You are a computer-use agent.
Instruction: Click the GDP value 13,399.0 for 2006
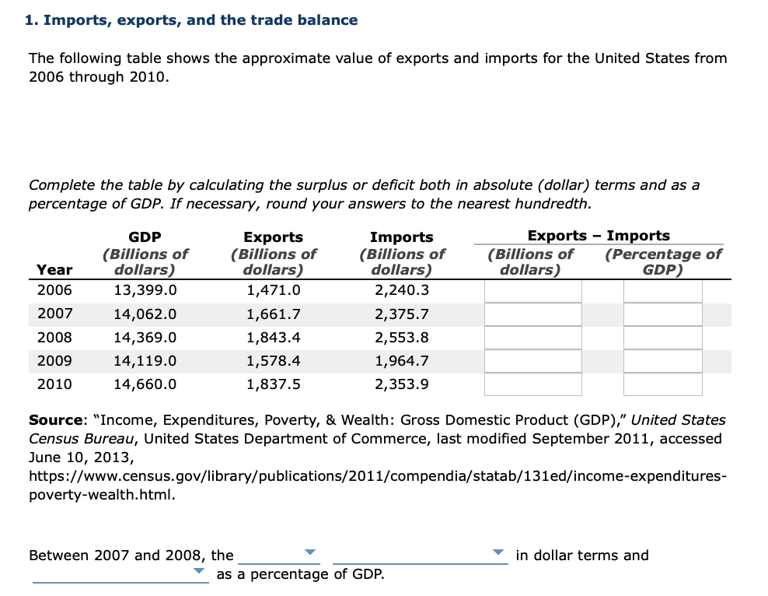pyautogui.click(x=145, y=290)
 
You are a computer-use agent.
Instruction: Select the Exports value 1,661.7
pyautogui.click(x=273, y=314)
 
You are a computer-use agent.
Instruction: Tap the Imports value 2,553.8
pyautogui.click(x=401, y=338)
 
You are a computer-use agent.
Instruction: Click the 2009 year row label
pyautogui.click(x=54, y=361)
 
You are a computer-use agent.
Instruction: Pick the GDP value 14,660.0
pyautogui.click(x=145, y=384)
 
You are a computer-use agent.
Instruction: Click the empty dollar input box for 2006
pyautogui.click(x=533, y=291)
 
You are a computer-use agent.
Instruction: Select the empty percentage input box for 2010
pyautogui.click(x=662, y=384)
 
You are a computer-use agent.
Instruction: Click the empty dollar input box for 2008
pyautogui.click(x=533, y=338)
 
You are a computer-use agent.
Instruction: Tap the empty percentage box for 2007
pyautogui.click(x=662, y=314)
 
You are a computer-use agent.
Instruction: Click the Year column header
pyautogui.click(x=54, y=270)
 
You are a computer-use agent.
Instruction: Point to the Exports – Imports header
pyautogui.click(x=598, y=235)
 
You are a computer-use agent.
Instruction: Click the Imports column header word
pyautogui.click(x=401, y=237)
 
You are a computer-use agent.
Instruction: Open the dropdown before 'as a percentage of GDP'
pyautogui.click(x=120, y=573)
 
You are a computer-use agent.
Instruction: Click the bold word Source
pyautogui.click(x=55, y=420)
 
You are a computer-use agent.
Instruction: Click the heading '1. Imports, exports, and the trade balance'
pyautogui.click(x=191, y=20)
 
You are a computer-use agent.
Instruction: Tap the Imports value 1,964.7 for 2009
pyautogui.click(x=401, y=361)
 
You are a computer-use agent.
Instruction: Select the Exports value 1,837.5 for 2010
pyautogui.click(x=273, y=384)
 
